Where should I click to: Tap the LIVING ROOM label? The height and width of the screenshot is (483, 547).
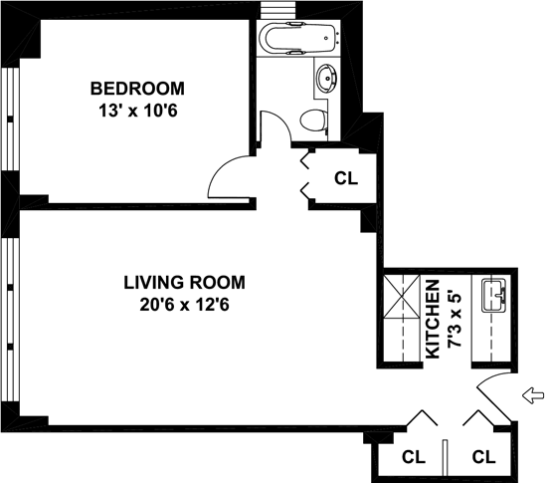pyautogui.click(x=183, y=281)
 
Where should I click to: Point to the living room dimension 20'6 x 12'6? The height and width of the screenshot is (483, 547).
pyautogui.click(x=183, y=302)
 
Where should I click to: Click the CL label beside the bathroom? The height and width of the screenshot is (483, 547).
pyautogui.click(x=345, y=179)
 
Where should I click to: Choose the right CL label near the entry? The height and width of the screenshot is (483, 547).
pyautogui.click(x=483, y=457)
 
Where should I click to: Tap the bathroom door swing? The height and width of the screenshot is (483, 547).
pyautogui.click(x=273, y=127)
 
